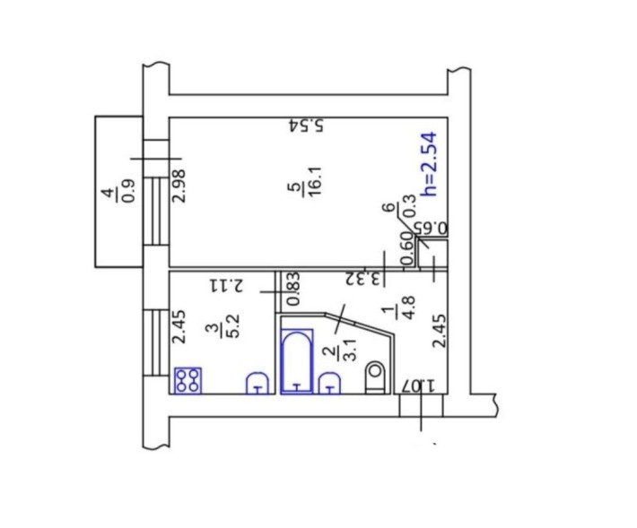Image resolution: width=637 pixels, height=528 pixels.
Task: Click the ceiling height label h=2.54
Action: tap(430, 163)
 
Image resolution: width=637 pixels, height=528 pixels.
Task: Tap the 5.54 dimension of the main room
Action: tap(306, 126)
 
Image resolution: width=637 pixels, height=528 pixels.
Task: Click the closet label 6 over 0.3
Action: tap(400, 207)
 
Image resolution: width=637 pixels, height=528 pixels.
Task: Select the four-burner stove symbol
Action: tap(188, 380)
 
